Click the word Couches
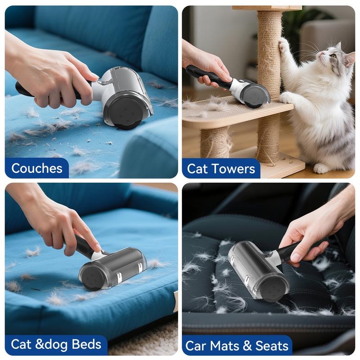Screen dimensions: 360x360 (x=36, y=168)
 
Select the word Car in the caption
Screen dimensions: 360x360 (x=196, y=346)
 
